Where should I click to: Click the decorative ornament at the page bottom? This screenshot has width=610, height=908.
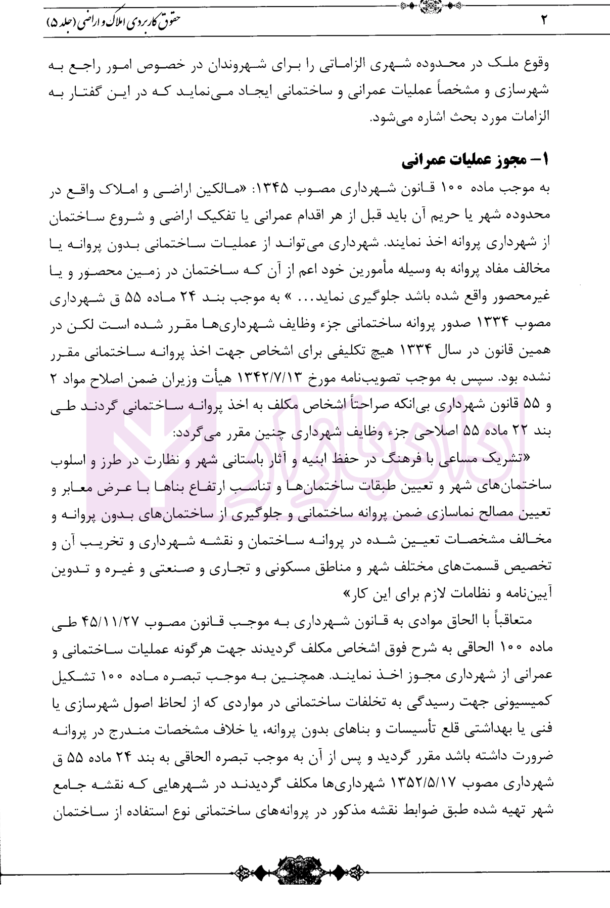point(305,872)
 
